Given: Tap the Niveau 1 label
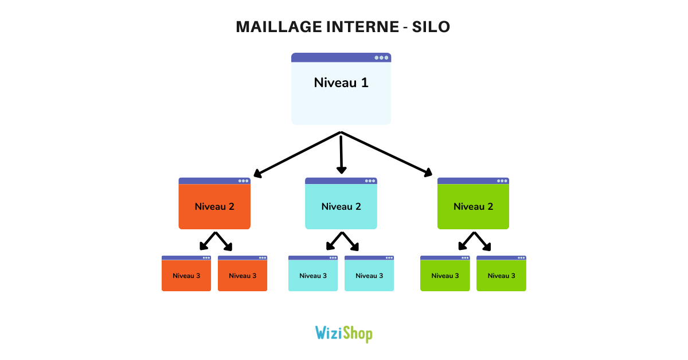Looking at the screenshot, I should coord(341,83).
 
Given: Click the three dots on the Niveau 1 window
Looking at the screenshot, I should coord(381,57).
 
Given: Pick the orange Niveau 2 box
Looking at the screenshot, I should coord(214,207).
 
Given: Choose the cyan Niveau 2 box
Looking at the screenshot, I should coord(341,207).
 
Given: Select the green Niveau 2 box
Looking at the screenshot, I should coord(473,207).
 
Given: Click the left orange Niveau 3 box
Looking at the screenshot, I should coord(186,276).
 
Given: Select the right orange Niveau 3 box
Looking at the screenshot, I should coord(243,276).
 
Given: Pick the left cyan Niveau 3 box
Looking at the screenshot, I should coord(313,276).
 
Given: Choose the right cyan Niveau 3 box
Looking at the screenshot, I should coord(369,276).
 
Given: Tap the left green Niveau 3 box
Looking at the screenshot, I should coord(445,276).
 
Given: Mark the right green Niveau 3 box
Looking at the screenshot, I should coord(501,276).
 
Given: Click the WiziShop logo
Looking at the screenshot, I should coord(343,333).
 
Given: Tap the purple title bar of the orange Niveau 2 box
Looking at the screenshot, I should coord(206,181).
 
